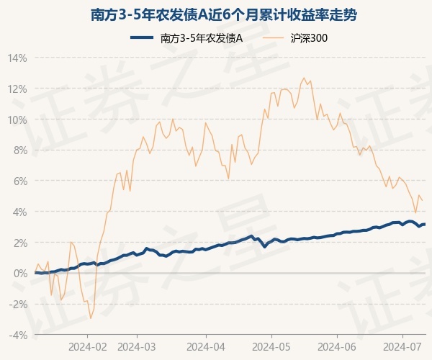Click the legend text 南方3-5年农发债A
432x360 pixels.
[x=201, y=38]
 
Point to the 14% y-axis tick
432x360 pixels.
[x=17, y=58]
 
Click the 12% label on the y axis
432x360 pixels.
[x=17, y=89]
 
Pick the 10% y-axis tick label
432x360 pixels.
[x=17, y=120]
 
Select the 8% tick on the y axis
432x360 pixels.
[x=20, y=150]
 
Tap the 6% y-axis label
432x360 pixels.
[x=20, y=181]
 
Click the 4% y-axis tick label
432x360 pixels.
[x=20, y=212]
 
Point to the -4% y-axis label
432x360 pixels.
[x=18, y=335]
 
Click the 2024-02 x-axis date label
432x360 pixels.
[x=87, y=346]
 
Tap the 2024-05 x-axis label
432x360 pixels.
[x=271, y=346]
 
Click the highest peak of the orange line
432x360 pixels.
[x=304, y=78]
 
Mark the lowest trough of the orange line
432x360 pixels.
[x=91, y=318]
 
